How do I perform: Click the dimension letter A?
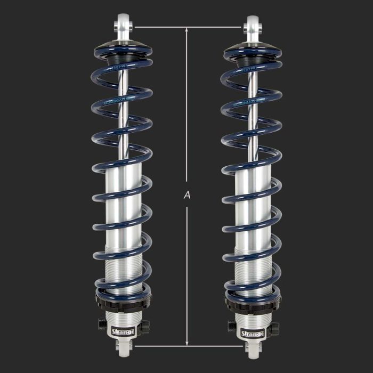coord(186,196)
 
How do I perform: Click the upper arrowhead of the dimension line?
coord(186,30)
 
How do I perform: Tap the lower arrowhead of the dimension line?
coord(186,343)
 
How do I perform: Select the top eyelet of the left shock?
coord(123,24)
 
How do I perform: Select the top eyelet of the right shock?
coord(253,24)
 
